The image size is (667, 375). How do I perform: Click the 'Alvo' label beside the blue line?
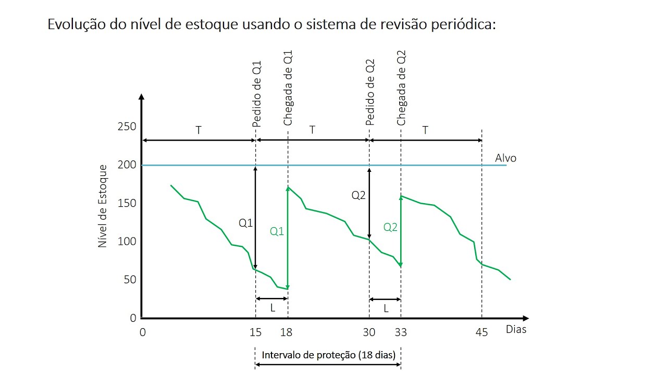click(x=505, y=158)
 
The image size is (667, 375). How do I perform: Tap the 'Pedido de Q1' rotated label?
click(x=256, y=94)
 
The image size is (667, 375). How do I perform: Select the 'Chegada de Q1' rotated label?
click(x=288, y=88)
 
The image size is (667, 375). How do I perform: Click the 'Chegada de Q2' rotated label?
click(x=401, y=88)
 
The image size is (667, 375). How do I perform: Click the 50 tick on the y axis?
click(x=129, y=280)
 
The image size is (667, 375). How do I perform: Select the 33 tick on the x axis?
click(x=401, y=332)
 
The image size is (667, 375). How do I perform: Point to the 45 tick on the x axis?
click(x=482, y=332)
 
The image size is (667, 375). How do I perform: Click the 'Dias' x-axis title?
click(x=516, y=329)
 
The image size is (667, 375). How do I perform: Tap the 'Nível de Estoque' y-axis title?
click(x=103, y=206)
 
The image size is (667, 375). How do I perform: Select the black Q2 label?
click(x=359, y=195)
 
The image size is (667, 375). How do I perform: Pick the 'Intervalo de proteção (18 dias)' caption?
click(x=328, y=355)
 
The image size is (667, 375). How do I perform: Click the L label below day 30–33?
click(x=386, y=308)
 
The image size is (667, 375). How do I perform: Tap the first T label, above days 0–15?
click(x=199, y=130)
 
